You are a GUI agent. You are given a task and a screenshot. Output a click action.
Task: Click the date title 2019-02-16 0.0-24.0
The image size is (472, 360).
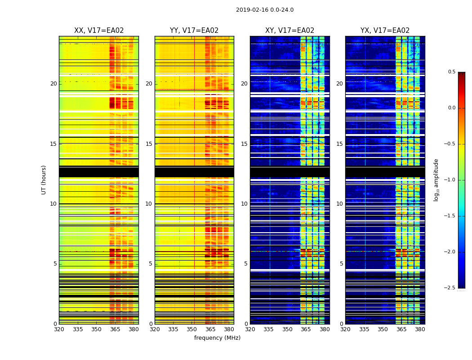(x=264, y=10)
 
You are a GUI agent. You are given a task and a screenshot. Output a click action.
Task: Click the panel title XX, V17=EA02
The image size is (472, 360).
(x=99, y=31)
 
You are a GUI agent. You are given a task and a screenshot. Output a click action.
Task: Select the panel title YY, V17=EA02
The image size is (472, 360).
(x=194, y=31)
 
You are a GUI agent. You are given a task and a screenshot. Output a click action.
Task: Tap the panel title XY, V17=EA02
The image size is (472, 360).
(x=289, y=31)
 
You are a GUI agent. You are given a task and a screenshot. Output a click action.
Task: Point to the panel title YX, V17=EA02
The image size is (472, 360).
(x=385, y=31)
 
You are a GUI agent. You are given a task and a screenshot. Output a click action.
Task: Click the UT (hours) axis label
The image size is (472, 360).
(x=44, y=180)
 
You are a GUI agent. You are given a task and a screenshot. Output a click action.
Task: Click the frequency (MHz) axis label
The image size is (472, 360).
(x=217, y=338)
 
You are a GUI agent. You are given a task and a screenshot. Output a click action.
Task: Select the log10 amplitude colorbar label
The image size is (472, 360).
(x=436, y=180)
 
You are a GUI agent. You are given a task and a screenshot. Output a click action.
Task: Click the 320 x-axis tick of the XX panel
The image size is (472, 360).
(x=59, y=329)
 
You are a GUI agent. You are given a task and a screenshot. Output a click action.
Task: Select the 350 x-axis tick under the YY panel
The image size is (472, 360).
(x=192, y=329)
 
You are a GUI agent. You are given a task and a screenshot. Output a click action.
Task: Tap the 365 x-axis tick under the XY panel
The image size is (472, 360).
(x=306, y=329)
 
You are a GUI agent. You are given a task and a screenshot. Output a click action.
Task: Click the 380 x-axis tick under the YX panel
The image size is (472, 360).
(x=420, y=329)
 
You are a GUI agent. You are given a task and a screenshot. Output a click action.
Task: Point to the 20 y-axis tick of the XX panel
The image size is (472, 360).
(x=53, y=84)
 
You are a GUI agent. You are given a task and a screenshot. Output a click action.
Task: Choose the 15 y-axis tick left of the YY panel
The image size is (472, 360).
(x=149, y=144)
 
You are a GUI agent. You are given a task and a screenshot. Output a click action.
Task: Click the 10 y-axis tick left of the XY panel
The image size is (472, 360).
(x=244, y=204)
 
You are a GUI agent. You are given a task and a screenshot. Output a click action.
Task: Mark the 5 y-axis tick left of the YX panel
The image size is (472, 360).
(x=341, y=264)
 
